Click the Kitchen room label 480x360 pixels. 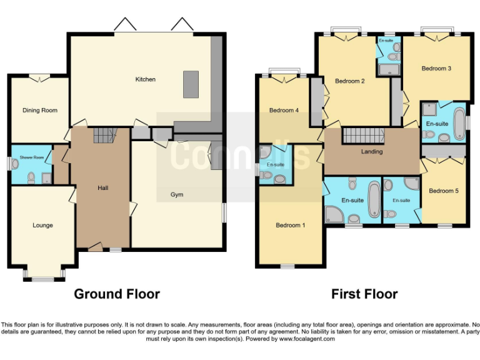coord(146,79)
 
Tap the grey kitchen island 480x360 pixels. coord(191,84)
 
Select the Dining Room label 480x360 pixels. coord(40,111)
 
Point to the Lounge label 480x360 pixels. coord(42,225)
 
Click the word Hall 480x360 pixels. coord(103,187)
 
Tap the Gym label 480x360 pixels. coord(177,194)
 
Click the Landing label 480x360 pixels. coord(372,152)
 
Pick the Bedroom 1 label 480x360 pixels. coord(290,225)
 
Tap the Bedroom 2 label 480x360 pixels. coord(349,81)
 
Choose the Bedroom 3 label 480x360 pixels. coord(436,68)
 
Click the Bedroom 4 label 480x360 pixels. coord(284,111)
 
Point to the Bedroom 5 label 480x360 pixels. coord(444,191)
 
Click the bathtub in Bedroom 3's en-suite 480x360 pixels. coord(458,119)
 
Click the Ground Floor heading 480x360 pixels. coord(117,294)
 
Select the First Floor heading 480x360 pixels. coord(364,294)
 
